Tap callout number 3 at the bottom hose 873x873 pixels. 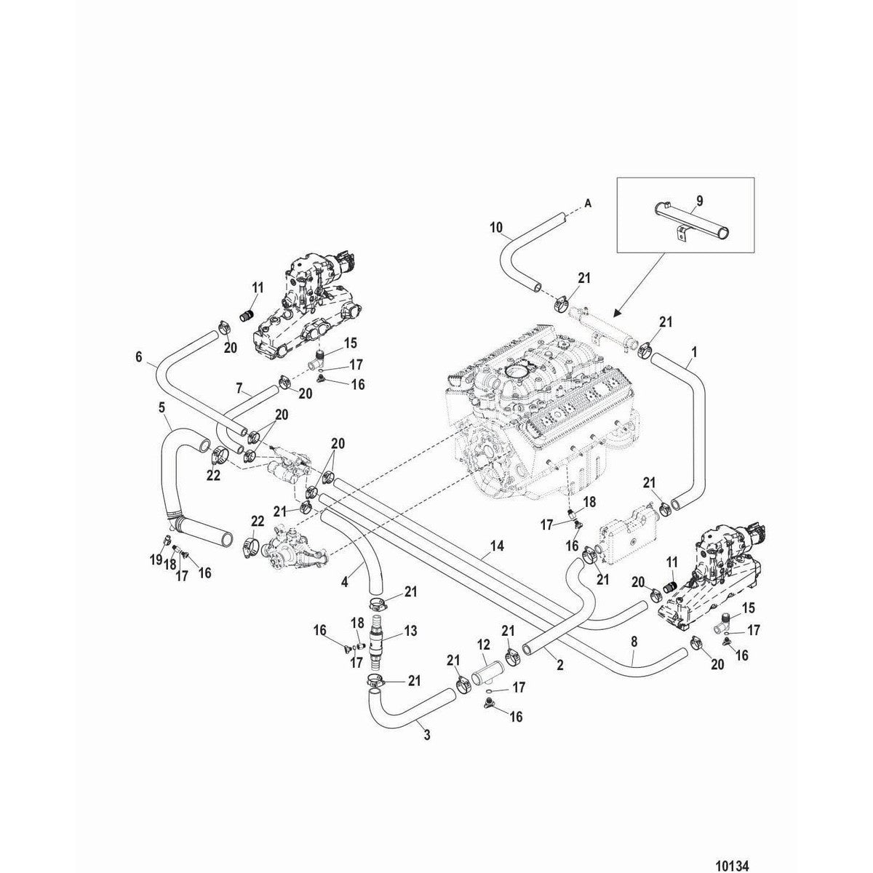[426, 736]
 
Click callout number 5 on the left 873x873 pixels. [162, 409]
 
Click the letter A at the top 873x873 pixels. [587, 203]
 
